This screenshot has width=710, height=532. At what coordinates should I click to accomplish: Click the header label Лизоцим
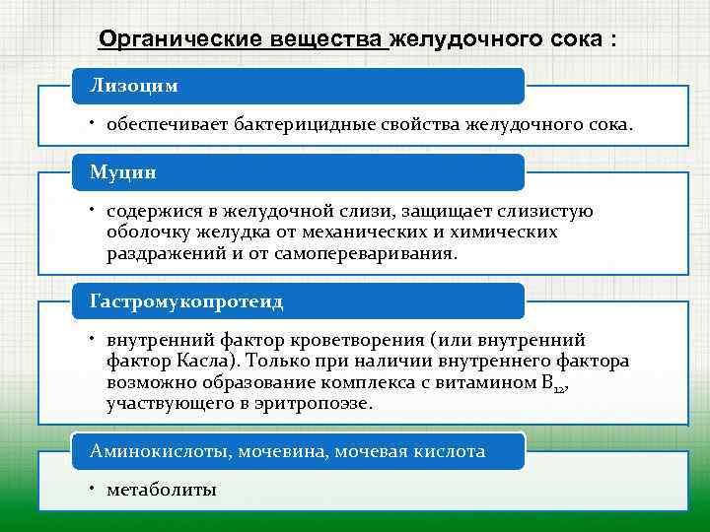[x=134, y=86]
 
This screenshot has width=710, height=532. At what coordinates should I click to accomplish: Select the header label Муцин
[x=123, y=171]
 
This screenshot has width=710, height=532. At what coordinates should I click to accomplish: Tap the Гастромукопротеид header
[x=186, y=299]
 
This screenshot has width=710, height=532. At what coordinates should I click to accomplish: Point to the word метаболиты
[x=161, y=489]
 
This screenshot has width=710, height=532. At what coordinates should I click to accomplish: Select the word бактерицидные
[x=301, y=126]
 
